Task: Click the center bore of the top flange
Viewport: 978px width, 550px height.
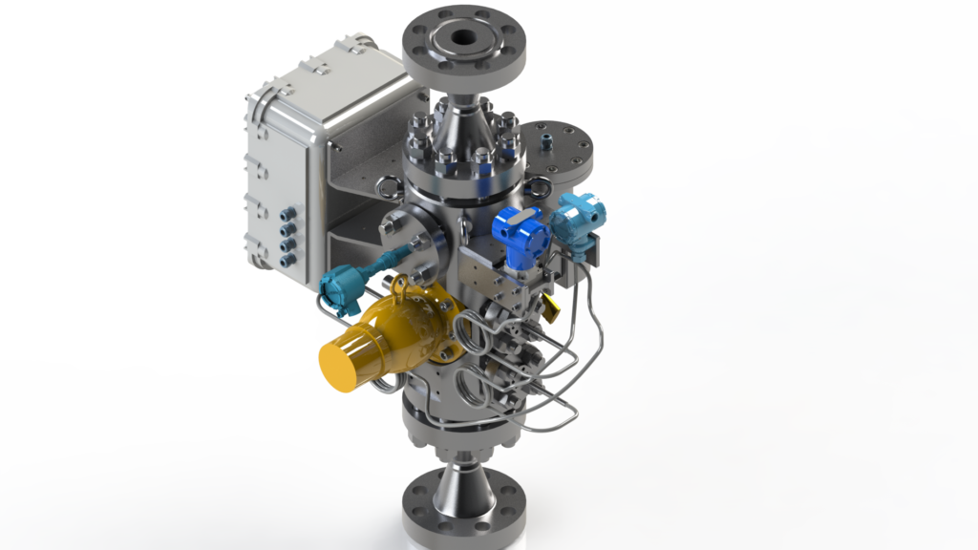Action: click(x=465, y=39)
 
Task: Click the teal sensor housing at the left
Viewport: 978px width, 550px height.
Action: click(x=339, y=287)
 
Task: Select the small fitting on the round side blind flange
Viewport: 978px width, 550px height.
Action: click(x=547, y=141)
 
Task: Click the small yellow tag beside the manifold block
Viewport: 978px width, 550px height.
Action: click(x=551, y=304)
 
